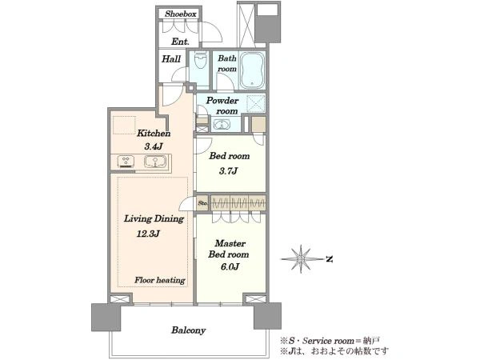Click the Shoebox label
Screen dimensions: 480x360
180,14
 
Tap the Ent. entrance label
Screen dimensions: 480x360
180,42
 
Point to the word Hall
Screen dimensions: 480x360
171,58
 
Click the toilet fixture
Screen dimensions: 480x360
201,61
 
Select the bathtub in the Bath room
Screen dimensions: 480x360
252,70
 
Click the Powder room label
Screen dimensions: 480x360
222,106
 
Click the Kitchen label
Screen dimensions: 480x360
154,133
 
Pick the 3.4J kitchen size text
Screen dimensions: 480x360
154,146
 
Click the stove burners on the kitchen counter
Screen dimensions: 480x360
126,162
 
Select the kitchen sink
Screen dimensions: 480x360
156,162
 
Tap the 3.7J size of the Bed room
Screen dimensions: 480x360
228,171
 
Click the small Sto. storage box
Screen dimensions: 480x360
202,202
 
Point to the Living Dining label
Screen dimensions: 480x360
154,219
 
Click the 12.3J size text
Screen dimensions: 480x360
148,234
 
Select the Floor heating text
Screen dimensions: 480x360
160,280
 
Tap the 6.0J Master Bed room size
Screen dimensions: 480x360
230,267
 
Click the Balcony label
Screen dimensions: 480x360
188,330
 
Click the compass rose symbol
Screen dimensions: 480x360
302,259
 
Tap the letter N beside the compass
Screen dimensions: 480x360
330,259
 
